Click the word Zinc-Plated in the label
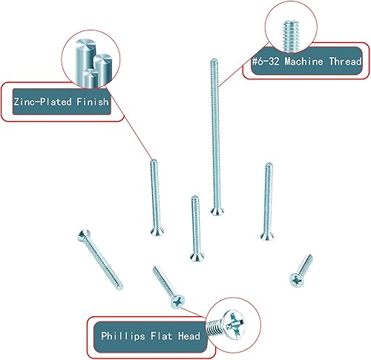click(42, 102)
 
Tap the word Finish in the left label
click(93, 102)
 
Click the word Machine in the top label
click(303, 61)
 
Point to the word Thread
click(345, 61)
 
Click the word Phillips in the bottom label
click(123, 336)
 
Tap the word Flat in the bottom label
click(161, 336)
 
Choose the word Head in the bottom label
click(189, 336)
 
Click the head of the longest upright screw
click(217, 212)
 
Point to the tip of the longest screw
click(214, 59)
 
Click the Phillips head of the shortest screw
click(297, 281)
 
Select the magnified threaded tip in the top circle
click(290, 36)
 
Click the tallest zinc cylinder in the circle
click(85, 62)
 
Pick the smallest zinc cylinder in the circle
click(91, 78)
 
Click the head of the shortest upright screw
click(197, 257)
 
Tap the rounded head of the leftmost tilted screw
click(84, 235)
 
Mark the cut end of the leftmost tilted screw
click(119, 287)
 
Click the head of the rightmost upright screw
click(267, 237)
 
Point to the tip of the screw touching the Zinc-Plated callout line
click(154, 160)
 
